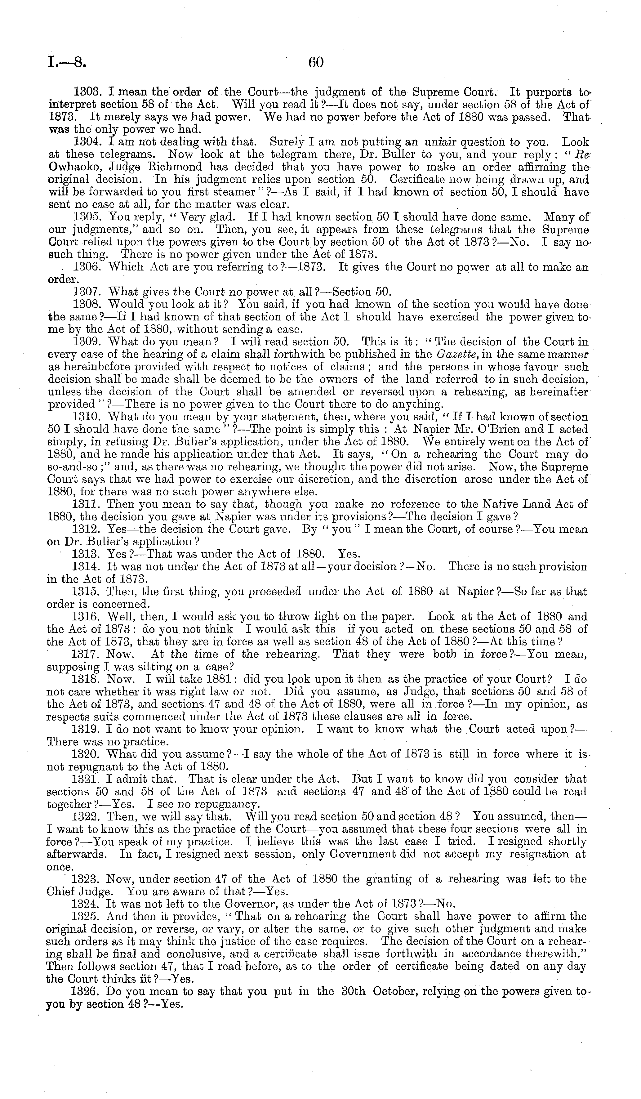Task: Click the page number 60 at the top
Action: pyautogui.click(x=316, y=63)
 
